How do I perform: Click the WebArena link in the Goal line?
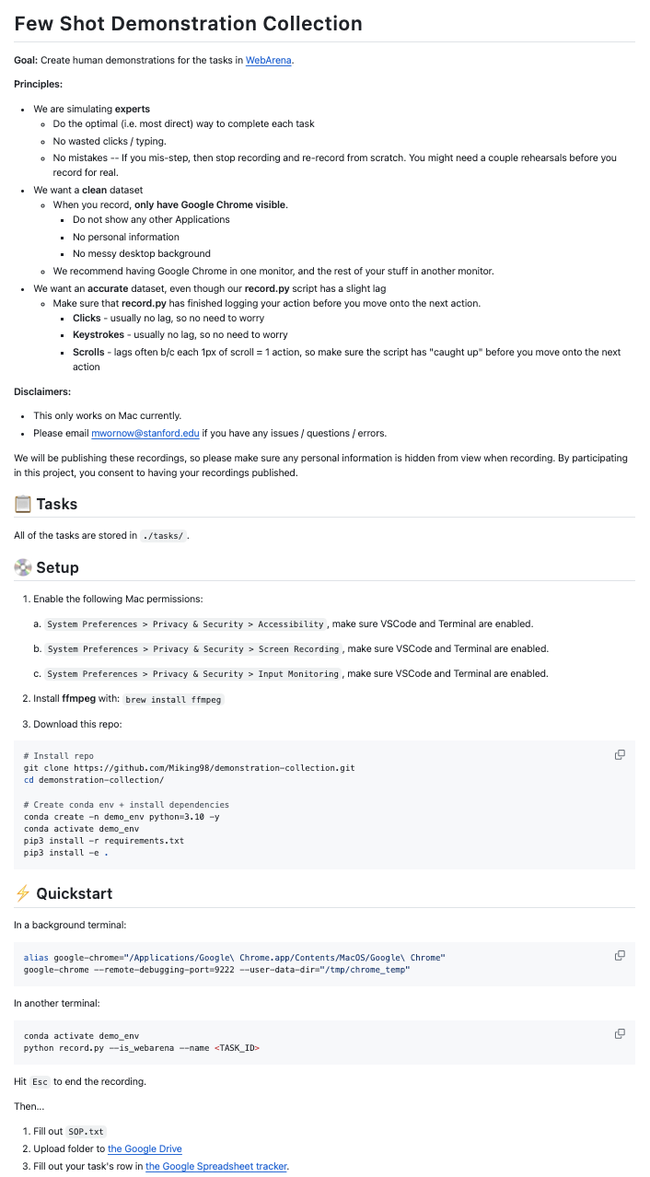tap(269, 61)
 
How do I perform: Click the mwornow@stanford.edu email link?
tap(145, 433)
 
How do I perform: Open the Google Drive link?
tap(145, 1148)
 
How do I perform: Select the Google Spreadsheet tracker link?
tap(216, 1166)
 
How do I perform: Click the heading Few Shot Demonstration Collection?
tap(188, 24)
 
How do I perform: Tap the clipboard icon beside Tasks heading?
tap(23, 504)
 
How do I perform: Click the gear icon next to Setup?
tap(23, 567)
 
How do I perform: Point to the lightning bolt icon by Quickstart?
tap(23, 893)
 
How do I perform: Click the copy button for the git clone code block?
tap(620, 755)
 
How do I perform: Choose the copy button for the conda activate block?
tap(620, 1033)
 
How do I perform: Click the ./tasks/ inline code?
tap(164, 536)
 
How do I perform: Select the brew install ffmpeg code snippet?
tap(173, 699)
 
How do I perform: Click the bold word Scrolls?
tap(88, 352)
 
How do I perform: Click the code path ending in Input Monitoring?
tap(193, 674)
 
